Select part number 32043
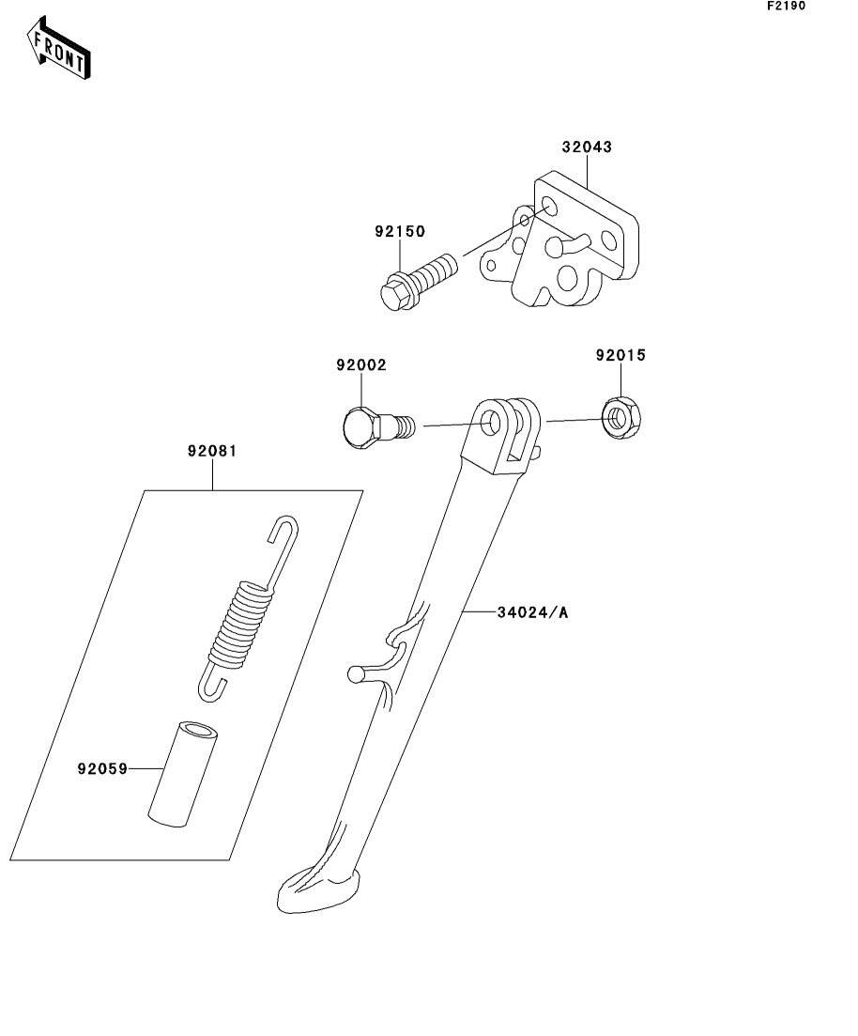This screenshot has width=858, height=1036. point(587,147)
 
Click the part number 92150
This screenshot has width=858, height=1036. point(400,231)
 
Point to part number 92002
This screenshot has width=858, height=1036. point(360,364)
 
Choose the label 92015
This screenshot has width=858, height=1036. point(620,355)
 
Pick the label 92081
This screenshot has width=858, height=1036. point(212,451)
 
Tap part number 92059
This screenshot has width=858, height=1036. point(102,768)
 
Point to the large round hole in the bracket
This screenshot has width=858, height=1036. point(567,278)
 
